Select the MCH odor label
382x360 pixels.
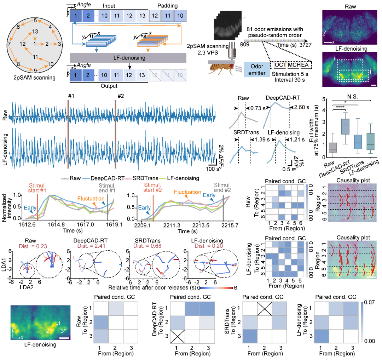click(293, 65)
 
